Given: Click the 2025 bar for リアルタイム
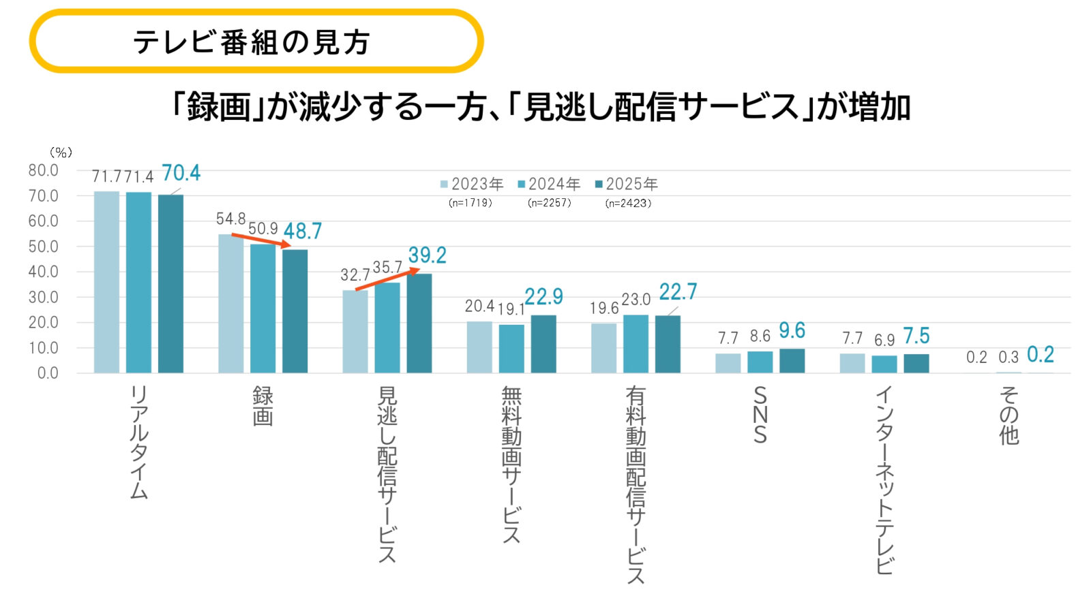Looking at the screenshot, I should click(x=170, y=283).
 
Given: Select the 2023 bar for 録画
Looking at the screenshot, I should click(x=230, y=303).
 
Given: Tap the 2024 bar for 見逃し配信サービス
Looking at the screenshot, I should click(x=387, y=327).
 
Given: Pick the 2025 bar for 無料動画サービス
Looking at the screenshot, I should click(x=543, y=343).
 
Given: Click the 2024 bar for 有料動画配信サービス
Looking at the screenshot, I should click(x=636, y=343).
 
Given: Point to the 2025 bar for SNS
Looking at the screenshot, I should click(x=792, y=360).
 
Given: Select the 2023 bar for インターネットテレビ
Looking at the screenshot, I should click(x=852, y=363).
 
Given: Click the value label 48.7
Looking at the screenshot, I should click(x=303, y=232).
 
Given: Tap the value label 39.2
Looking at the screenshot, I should click(x=428, y=255).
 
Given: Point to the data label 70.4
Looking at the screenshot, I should click(x=181, y=173).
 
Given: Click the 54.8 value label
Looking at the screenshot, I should click(x=230, y=219).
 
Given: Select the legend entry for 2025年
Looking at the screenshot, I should click(x=627, y=184).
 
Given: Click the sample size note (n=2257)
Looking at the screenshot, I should click(x=550, y=203).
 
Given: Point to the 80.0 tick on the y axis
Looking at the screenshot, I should click(x=43, y=170).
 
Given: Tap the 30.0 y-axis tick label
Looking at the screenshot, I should click(x=43, y=297).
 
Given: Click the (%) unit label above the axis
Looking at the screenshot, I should click(x=61, y=153).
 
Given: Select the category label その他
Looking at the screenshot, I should click(x=1008, y=415).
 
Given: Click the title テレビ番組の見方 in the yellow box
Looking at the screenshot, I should click(x=251, y=42).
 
